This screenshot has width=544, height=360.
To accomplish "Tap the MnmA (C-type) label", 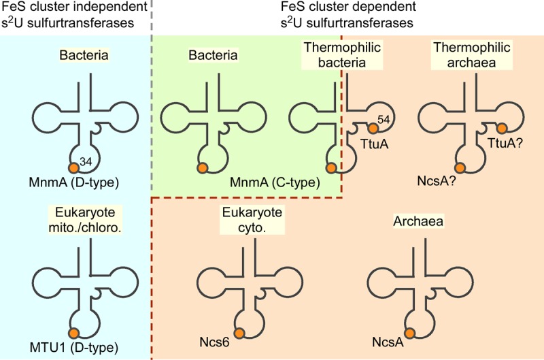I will pyautogui.click(x=265, y=182).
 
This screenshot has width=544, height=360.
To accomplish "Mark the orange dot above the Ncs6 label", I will pyautogui.click(x=239, y=332).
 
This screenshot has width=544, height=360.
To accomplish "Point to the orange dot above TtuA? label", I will pyautogui.click(x=502, y=128).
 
